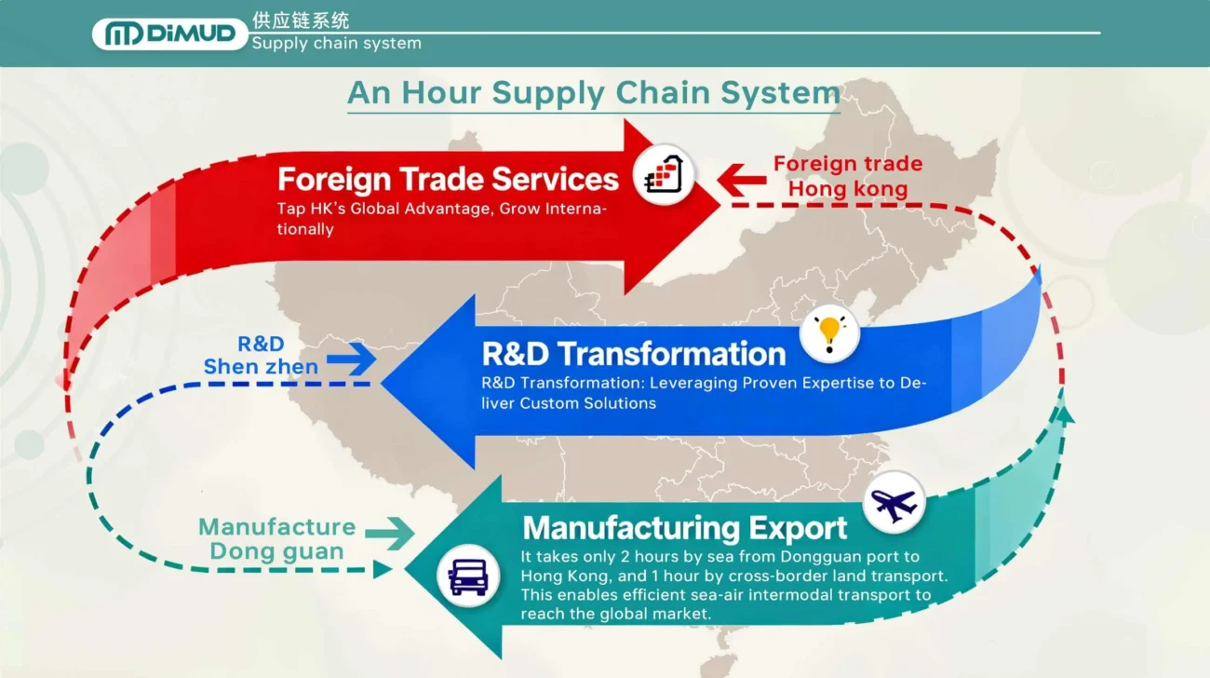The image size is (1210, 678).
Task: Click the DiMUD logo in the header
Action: point(169,34)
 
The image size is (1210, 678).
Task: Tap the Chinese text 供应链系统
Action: point(301,20)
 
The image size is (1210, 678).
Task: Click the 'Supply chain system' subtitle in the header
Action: point(336,44)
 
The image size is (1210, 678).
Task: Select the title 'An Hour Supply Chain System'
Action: point(593,93)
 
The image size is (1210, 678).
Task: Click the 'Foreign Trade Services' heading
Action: point(448,178)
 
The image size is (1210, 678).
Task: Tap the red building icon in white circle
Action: point(665,174)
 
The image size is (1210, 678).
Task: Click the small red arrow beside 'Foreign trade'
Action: point(741,178)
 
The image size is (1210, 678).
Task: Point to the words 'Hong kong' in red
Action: point(848,190)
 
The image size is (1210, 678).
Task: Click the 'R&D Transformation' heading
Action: point(633,354)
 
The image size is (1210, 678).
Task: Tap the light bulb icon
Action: point(829,333)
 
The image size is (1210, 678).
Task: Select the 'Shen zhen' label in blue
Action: point(261,367)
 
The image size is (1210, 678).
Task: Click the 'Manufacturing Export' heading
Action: point(684,528)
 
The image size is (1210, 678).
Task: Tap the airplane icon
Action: point(894,503)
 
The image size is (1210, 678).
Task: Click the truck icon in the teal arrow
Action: point(467,575)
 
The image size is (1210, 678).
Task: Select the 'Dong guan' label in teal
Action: point(276,551)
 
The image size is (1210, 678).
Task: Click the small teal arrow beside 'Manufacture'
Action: point(389,534)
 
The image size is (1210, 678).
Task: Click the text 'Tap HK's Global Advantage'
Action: point(383,209)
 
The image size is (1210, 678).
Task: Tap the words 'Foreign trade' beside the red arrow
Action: point(848,164)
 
